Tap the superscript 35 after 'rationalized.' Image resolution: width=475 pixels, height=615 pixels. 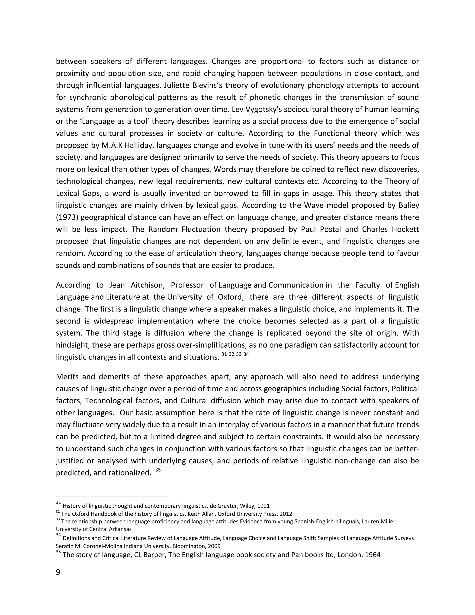[158, 470]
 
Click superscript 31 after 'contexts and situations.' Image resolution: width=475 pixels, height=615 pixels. [224, 354]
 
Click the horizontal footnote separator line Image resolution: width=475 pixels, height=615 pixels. [112, 496]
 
